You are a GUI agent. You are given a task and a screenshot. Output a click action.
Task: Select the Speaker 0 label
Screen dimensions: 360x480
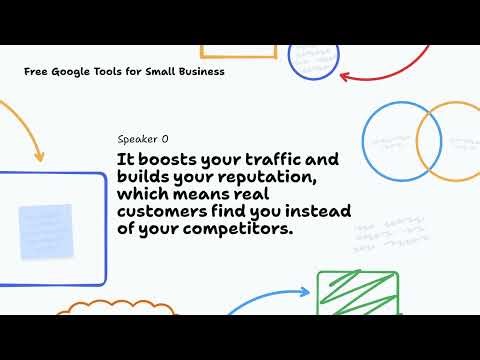[143, 140]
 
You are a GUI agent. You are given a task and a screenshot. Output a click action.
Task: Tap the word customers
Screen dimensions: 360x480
[156, 212]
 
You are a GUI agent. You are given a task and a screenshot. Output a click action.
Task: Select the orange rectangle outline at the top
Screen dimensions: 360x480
[238, 51]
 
